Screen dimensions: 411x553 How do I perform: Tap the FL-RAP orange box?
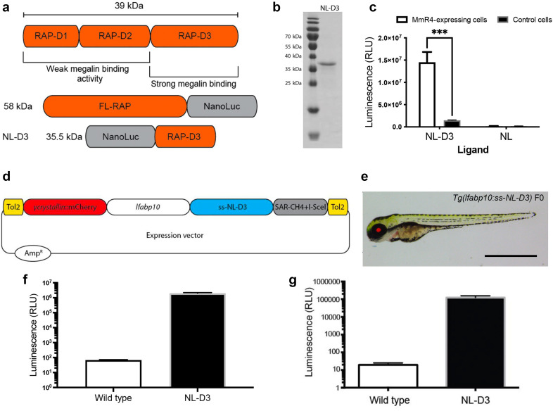pyautogui.click(x=115, y=106)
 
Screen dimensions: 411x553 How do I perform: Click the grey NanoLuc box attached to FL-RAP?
pyautogui.click(x=222, y=106)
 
